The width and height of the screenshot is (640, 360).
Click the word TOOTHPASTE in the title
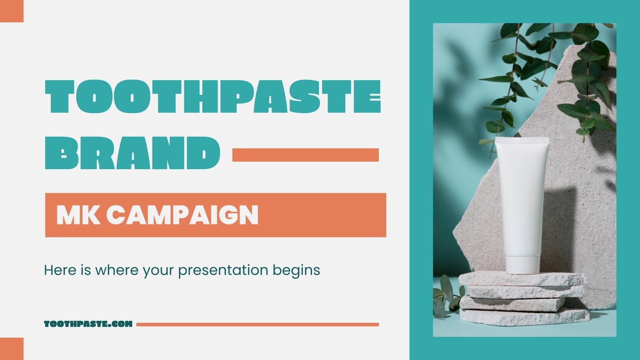click(x=212, y=96)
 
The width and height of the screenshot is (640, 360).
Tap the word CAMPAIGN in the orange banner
click(x=182, y=215)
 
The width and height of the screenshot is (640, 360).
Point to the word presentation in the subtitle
click(x=223, y=270)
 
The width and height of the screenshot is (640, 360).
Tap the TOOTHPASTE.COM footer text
click(x=88, y=324)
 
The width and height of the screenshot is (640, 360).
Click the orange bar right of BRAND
click(x=305, y=155)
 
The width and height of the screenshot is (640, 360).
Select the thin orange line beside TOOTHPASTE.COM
click(x=257, y=324)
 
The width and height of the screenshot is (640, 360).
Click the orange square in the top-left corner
click(x=12, y=11)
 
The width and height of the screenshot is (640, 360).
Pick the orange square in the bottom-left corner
click(x=12, y=349)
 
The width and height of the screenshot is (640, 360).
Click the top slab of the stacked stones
click(x=522, y=279)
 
